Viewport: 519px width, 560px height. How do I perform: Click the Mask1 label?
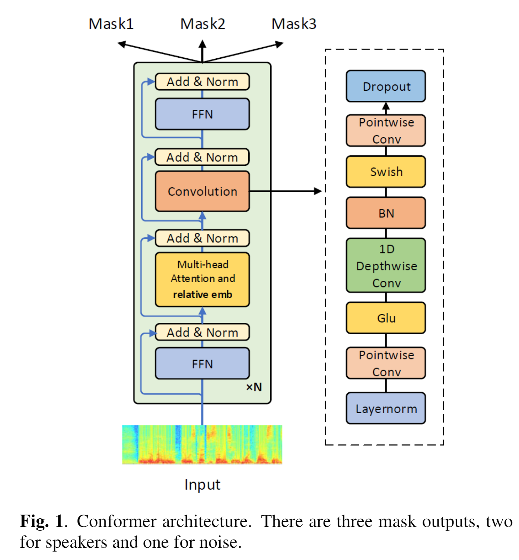click(111, 24)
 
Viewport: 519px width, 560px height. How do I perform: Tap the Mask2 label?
click(203, 24)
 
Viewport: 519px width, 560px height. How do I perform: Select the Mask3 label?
click(294, 24)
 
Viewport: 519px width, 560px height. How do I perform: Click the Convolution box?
click(202, 192)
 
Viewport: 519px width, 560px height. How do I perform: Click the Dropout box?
click(386, 86)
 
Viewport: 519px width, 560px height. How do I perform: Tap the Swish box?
click(386, 172)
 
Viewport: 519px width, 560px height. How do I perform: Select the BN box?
click(386, 213)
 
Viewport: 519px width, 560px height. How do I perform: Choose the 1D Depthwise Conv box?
click(386, 265)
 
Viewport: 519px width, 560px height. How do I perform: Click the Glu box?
click(386, 318)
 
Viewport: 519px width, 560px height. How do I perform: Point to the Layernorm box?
click(386, 408)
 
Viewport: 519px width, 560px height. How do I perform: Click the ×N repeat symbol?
click(254, 387)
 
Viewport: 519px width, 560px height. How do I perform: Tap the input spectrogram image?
click(202, 445)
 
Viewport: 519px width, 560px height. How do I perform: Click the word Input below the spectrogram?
click(202, 485)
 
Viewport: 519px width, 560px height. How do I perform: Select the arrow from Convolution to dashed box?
click(285, 191)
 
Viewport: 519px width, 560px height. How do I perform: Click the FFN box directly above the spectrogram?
click(202, 364)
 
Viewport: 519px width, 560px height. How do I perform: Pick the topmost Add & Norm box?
click(202, 82)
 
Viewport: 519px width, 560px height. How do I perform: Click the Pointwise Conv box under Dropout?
click(386, 131)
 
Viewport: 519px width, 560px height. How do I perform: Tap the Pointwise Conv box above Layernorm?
click(386, 363)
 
